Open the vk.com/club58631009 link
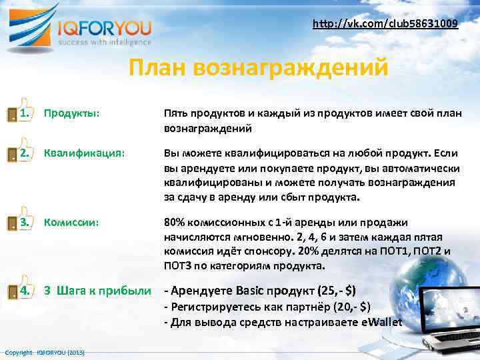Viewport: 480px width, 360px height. (x=385, y=24)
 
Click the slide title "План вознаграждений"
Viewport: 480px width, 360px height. (x=258, y=68)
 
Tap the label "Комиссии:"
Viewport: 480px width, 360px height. (x=71, y=222)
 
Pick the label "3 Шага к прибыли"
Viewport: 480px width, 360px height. (x=97, y=290)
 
